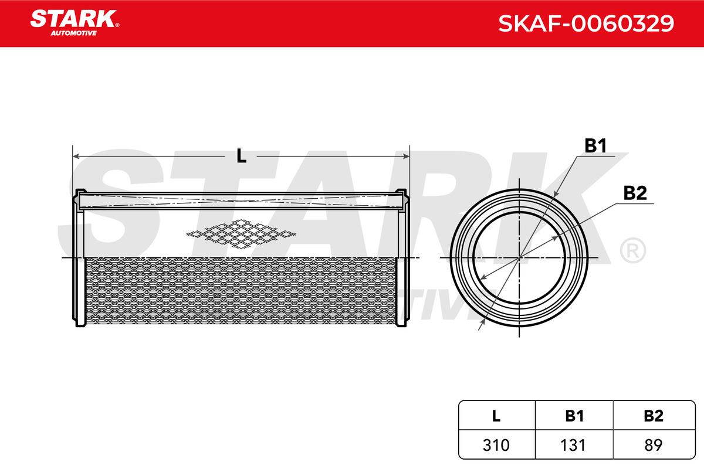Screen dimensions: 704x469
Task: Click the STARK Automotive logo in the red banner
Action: pos(75,23)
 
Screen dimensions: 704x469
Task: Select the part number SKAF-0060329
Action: pos(586,23)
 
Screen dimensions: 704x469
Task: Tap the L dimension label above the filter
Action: pos(241,156)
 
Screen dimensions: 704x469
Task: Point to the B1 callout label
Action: pos(595,146)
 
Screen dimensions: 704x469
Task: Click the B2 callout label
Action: pos(635,193)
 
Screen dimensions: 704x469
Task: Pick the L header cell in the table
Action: pos(496,416)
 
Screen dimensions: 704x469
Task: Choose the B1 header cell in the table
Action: pos(574,416)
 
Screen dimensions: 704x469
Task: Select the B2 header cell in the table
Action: pos(654,416)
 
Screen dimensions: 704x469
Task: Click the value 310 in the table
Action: pos(496,445)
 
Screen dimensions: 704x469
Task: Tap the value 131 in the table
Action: pos(573,445)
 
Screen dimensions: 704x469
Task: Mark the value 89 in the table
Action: pos(653,445)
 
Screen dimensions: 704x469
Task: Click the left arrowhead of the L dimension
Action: pos(76,156)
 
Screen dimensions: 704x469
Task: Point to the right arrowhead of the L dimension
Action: pos(407,156)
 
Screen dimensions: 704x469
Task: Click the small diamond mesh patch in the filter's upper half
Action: pos(241,234)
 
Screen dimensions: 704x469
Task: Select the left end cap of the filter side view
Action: pos(80,258)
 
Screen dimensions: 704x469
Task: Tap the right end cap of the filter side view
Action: pos(402,258)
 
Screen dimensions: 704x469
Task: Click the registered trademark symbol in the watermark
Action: pos(633,251)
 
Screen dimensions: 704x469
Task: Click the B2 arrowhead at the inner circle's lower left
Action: pos(483,277)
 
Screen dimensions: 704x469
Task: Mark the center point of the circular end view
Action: pos(519,258)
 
